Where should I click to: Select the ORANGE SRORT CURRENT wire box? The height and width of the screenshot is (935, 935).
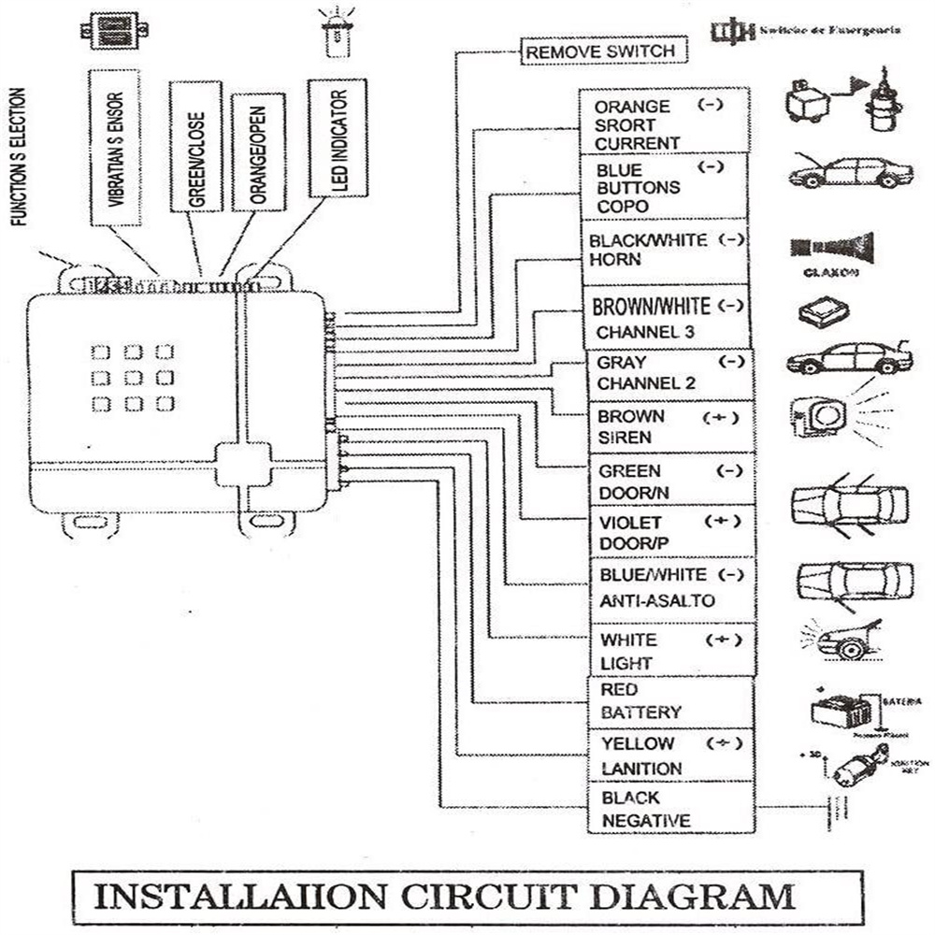[665, 124]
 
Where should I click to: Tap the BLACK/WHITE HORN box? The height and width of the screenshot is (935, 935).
[665, 252]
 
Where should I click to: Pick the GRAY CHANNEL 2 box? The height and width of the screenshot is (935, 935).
[669, 373]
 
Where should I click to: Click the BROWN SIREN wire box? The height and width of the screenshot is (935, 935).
[669, 426]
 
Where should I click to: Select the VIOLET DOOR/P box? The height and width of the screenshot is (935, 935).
[669, 532]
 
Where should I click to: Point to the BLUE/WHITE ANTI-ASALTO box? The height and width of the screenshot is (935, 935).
[669, 586]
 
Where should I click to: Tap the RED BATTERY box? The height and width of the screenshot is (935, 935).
[669, 701]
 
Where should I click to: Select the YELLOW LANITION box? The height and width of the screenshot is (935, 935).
[669, 755]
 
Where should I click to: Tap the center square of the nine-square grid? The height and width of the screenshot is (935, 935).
[133, 378]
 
